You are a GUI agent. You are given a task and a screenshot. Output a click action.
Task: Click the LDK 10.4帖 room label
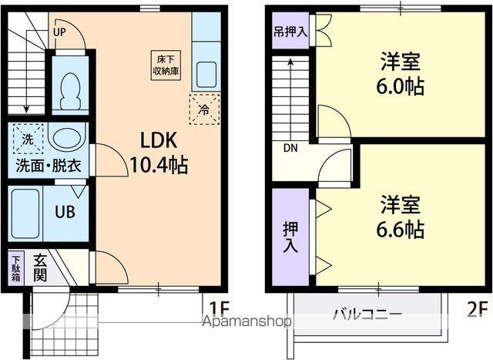pos(158,152)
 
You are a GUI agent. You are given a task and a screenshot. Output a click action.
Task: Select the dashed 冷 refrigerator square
pos(204,109)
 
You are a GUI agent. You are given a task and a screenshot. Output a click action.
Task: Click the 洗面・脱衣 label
pos(49,166)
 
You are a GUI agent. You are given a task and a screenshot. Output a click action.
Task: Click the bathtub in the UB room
pos(27,210)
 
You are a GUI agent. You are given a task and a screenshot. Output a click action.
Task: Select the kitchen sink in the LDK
pos(205,76)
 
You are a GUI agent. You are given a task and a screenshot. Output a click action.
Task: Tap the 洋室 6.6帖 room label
pos(401,217)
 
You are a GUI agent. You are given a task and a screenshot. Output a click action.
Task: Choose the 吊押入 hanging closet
pos(290,33)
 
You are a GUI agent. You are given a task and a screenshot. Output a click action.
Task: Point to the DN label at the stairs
pos(290,148)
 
